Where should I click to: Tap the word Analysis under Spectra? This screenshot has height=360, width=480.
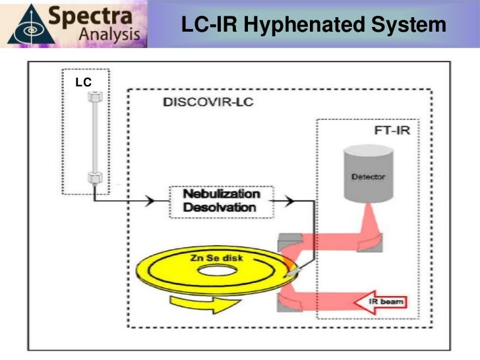click(x=109, y=36)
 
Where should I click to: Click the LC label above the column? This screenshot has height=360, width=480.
click(x=81, y=82)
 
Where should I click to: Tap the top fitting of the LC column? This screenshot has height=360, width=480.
click(x=95, y=96)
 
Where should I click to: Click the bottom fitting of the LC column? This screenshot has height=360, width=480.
click(x=95, y=177)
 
